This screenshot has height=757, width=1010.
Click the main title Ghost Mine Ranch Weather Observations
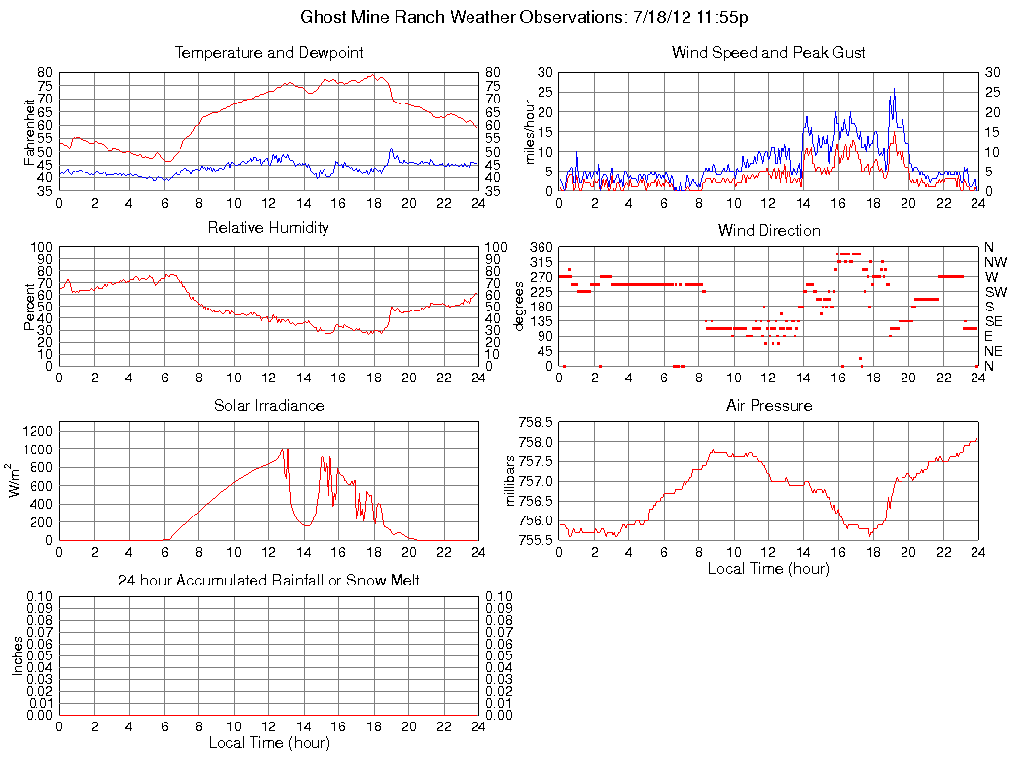[524, 18]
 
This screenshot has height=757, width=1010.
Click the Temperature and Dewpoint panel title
[268, 52]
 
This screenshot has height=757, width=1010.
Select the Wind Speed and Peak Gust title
[768, 52]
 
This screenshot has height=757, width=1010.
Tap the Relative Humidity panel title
[268, 228]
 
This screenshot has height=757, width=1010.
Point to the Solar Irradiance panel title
[268, 405]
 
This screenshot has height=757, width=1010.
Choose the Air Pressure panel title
[768, 405]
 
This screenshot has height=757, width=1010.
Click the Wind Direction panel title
[768, 230]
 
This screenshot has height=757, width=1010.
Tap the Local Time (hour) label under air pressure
[768, 568]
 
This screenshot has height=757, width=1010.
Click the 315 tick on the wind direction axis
[541, 262]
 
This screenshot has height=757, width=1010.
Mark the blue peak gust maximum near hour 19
[894, 89]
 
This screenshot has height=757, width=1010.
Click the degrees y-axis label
[519, 307]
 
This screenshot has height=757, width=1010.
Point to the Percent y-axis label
[29, 307]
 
